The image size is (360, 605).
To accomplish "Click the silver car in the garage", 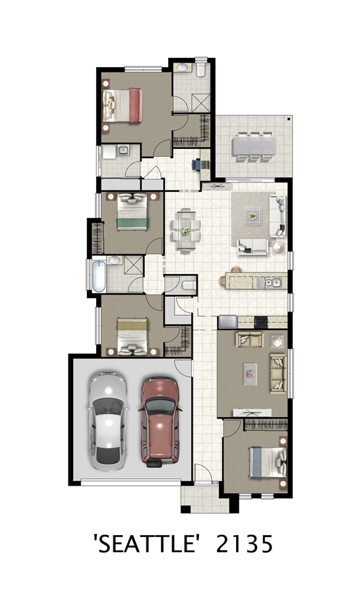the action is [x=107, y=421].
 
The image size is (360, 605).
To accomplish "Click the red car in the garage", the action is [x=160, y=422].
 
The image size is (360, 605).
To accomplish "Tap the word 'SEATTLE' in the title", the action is [x=148, y=544].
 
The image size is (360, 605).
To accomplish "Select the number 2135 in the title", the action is [x=244, y=544].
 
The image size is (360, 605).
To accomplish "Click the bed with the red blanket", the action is [x=122, y=105].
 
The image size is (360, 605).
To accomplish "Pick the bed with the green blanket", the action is [x=132, y=212].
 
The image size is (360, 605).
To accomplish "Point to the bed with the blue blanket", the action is [x=268, y=462].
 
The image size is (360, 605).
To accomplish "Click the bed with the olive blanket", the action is [x=132, y=336].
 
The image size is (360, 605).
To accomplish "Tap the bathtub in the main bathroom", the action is [x=99, y=276].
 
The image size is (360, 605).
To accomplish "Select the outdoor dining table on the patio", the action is [x=254, y=146].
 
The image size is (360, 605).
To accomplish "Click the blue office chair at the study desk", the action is [x=196, y=164].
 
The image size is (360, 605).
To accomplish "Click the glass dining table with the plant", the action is [x=185, y=231].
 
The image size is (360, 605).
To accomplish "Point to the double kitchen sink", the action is [x=273, y=283].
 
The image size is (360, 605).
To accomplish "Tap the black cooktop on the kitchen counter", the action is [x=261, y=322].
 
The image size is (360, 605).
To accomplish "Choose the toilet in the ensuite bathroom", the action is [x=201, y=67].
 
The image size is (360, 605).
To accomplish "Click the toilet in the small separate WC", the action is [x=189, y=285].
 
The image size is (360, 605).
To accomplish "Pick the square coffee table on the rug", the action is [x=253, y=216].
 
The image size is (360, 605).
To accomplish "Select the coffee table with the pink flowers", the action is [x=251, y=374].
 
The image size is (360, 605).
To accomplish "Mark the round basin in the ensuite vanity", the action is [x=182, y=68].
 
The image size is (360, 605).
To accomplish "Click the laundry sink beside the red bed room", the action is [x=123, y=150].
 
